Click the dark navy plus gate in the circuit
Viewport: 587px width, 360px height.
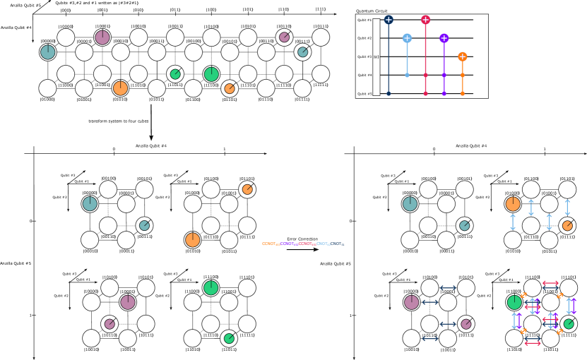(x=389, y=20)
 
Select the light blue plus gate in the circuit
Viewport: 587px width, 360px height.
(x=407, y=38)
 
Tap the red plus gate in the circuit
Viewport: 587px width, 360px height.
(x=425, y=20)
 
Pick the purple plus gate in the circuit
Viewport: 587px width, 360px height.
(x=444, y=38)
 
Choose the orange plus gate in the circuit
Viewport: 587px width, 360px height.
(x=462, y=56)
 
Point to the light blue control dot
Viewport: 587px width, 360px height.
(x=407, y=75)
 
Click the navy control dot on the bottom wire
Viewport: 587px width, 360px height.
(x=389, y=93)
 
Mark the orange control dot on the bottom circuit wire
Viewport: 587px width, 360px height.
(x=462, y=93)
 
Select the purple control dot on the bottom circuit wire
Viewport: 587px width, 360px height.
(x=444, y=93)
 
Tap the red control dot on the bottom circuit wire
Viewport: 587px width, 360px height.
(x=425, y=93)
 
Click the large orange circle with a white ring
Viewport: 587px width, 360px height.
(x=121, y=88)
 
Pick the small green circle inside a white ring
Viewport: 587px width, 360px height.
(x=175, y=74)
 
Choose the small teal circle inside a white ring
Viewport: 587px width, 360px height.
(x=302, y=52)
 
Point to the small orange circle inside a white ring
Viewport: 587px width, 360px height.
(x=230, y=88)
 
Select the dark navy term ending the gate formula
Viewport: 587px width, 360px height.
(x=336, y=244)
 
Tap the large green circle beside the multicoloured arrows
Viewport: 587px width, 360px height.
(x=514, y=302)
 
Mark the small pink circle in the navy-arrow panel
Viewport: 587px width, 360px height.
(x=466, y=324)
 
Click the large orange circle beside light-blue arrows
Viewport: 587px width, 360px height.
(x=513, y=204)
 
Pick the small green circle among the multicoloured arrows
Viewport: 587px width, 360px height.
(x=569, y=324)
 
